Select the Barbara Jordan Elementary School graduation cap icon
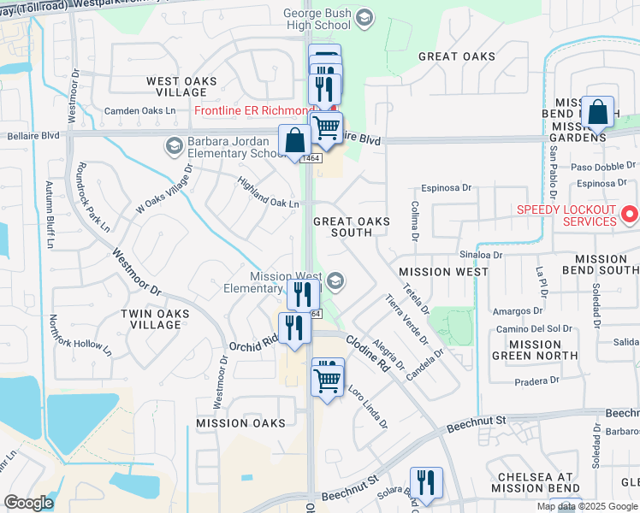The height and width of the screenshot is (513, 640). click(x=175, y=145)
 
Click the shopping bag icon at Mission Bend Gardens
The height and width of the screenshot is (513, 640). click(x=600, y=112)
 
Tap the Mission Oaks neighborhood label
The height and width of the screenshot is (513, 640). click(x=240, y=423)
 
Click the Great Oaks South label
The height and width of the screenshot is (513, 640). click(x=352, y=227)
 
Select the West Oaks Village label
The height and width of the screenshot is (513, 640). click(x=181, y=87)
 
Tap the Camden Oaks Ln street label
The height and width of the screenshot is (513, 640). click(x=139, y=111)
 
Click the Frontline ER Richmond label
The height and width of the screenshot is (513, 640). click(x=254, y=111)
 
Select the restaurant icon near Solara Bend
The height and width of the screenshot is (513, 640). click(x=425, y=482)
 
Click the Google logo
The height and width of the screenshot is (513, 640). click(x=29, y=504)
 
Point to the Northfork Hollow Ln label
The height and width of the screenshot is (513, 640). click(x=80, y=334)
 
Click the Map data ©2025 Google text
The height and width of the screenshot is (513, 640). click(x=587, y=506)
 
